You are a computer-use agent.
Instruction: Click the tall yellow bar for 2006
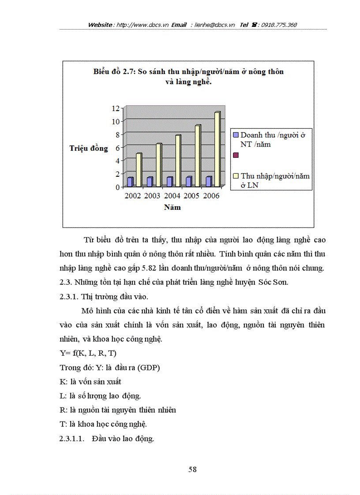tap(217, 149)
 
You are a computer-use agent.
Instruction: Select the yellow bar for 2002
tap(139, 170)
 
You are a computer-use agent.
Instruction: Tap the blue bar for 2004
tap(169, 182)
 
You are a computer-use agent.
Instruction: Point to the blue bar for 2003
tap(150, 182)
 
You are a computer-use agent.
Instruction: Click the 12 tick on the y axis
tap(116, 108)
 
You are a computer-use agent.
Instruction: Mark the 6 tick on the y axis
tap(117, 148)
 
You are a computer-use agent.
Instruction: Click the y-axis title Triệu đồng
tap(89, 148)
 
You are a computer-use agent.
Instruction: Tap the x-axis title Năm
tap(172, 207)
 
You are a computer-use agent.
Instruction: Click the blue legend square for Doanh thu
tap(236, 135)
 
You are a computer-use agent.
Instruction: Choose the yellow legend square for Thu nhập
tap(236, 176)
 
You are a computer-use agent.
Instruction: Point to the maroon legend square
tap(236, 155)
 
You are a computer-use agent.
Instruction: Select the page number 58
tap(192, 469)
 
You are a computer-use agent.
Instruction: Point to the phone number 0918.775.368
tap(279, 25)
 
